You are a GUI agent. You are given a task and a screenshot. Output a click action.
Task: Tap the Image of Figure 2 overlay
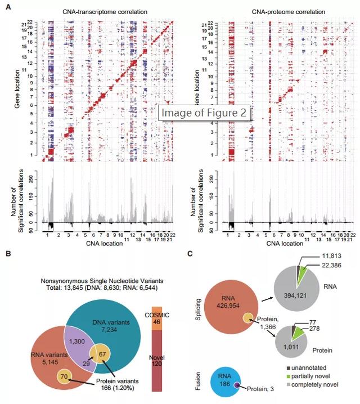[x=204, y=113]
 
